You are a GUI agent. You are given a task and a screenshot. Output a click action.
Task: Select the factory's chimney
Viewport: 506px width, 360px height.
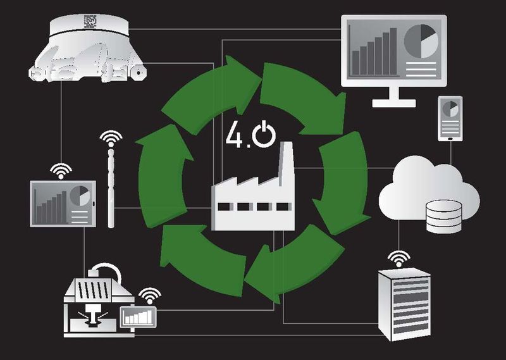[x=285, y=164]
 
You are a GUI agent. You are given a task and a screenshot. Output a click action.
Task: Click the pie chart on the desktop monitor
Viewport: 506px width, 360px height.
[x=421, y=41]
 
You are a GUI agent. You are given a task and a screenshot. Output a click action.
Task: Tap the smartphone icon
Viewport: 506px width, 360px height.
[x=451, y=118]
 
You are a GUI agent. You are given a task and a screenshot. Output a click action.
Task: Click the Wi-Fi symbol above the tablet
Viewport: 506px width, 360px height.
[x=62, y=170]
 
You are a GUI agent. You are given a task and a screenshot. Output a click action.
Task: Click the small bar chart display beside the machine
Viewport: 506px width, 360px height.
[x=139, y=315]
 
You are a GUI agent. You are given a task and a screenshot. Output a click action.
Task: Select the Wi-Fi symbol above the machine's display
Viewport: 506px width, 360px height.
[x=149, y=295]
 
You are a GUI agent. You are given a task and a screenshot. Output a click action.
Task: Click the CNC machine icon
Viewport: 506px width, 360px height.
[x=98, y=301]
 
